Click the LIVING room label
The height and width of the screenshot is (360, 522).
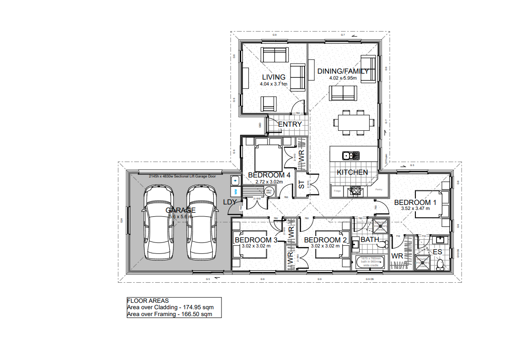pos(274,77)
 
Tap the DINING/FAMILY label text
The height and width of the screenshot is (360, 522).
pos(343,71)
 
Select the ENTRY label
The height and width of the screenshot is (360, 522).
pos(290,124)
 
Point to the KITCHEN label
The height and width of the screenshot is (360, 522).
pos(352,172)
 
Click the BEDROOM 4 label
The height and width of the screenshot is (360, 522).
pos(269,175)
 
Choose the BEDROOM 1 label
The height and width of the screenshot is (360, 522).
pos(415,202)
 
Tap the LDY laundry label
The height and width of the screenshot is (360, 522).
pos(229,202)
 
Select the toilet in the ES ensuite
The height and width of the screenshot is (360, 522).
pos(440,264)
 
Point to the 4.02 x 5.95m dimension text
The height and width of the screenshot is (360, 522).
pos(343,78)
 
